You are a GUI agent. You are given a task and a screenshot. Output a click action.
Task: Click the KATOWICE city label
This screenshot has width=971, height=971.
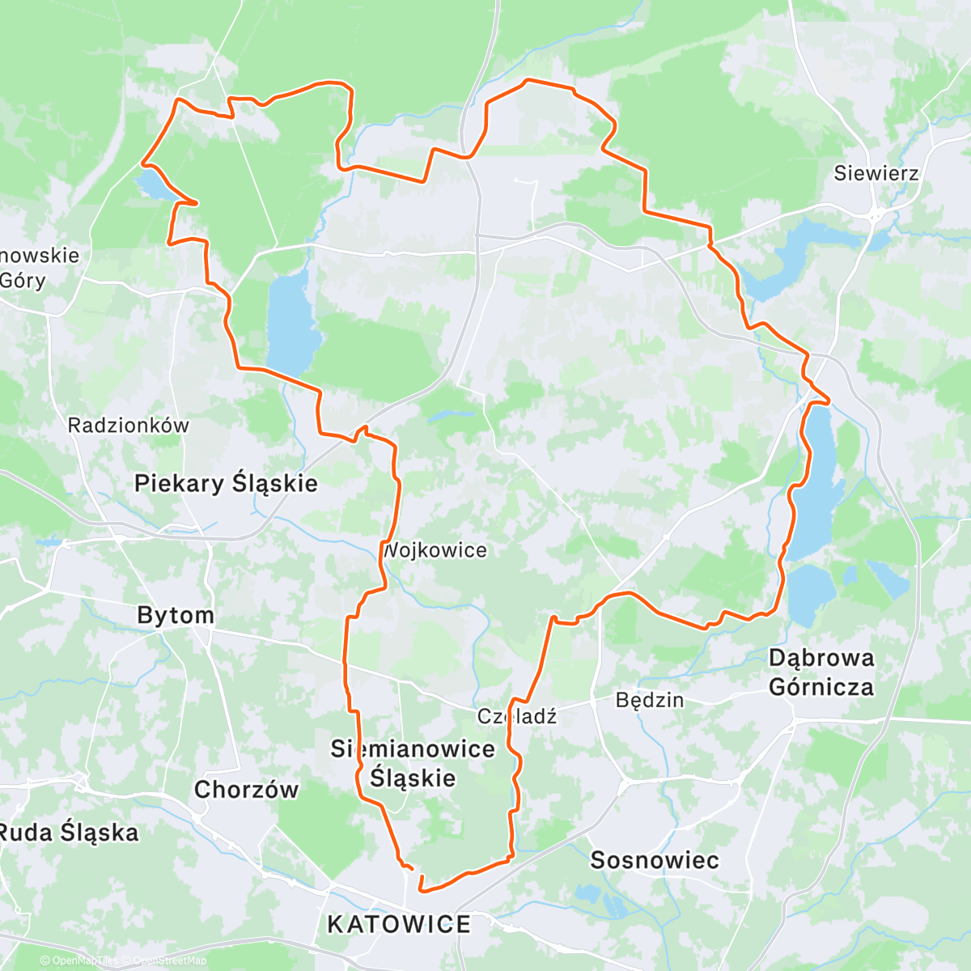[x=399, y=924]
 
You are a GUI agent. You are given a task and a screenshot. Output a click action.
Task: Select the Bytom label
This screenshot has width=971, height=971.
[x=176, y=615]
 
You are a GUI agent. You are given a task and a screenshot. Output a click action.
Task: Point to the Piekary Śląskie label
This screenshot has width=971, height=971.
[x=226, y=484]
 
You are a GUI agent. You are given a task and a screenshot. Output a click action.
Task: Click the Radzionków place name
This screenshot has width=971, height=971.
[x=128, y=426]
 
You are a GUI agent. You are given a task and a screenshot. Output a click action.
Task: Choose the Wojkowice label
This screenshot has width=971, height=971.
[x=435, y=551]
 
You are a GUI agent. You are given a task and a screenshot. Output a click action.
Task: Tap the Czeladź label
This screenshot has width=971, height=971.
[x=517, y=716]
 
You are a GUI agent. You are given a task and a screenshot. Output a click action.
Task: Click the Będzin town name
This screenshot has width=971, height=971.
[x=650, y=700]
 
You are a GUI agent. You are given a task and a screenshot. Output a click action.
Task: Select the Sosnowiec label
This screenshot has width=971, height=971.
[x=654, y=860]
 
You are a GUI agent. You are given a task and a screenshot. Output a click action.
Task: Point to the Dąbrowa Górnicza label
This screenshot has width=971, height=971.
[x=821, y=672]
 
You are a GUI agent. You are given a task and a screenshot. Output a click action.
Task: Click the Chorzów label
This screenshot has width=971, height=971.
[x=246, y=790]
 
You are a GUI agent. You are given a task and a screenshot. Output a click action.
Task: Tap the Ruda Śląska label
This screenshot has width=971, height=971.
[x=69, y=833]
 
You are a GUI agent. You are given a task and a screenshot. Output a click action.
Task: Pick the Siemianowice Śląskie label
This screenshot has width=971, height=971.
[x=413, y=763]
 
